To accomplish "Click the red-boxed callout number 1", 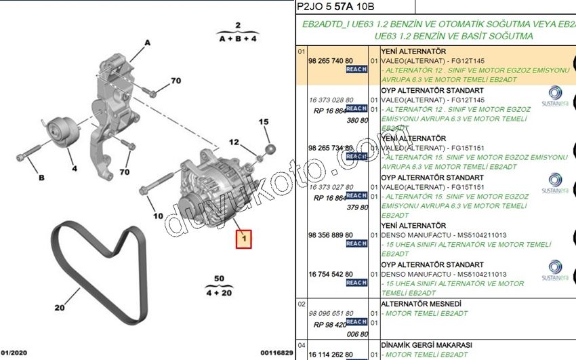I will [x=243, y=239].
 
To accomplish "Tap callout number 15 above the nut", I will [x=264, y=122].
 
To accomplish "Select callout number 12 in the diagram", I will [x=234, y=142].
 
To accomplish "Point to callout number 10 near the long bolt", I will [x=158, y=216].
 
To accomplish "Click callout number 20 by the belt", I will [x=60, y=308].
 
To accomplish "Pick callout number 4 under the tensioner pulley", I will [x=74, y=168].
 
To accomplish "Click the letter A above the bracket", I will [x=146, y=42].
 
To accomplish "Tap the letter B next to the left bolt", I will [x=41, y=178].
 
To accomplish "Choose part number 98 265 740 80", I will [x=331, y=60].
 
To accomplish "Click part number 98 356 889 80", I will [x=331, y=235].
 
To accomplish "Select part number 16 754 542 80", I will [x=331, y=274].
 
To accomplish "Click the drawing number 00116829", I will [x=276, y=353].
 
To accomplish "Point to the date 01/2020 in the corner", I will [x=14, y=353].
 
